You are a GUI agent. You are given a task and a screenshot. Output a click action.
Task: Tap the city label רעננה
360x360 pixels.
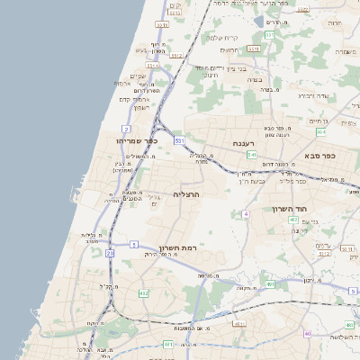coord(244,143)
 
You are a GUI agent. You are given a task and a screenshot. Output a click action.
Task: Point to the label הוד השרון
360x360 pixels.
coord(291,209)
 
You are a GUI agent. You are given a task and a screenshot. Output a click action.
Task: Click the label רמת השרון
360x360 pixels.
coord(176,247)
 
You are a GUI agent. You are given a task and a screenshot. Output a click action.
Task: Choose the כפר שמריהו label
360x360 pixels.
coord(137,140)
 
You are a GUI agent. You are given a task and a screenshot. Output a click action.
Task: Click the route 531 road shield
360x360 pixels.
coord(179,141)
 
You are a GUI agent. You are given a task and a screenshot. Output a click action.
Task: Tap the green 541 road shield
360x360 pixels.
coord(251,154)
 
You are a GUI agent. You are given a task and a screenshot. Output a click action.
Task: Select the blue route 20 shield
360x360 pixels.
coord(110,254)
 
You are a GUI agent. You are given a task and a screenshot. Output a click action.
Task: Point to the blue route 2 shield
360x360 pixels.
coord(133,244)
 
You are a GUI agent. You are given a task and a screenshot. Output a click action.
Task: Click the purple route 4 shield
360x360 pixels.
coord(246,213)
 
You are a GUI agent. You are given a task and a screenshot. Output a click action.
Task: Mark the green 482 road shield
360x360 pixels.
coord(142,293)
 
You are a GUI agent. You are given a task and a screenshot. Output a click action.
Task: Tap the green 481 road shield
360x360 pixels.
coord(168,344)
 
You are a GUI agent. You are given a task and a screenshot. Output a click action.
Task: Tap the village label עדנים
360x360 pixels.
coord(325,245)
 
